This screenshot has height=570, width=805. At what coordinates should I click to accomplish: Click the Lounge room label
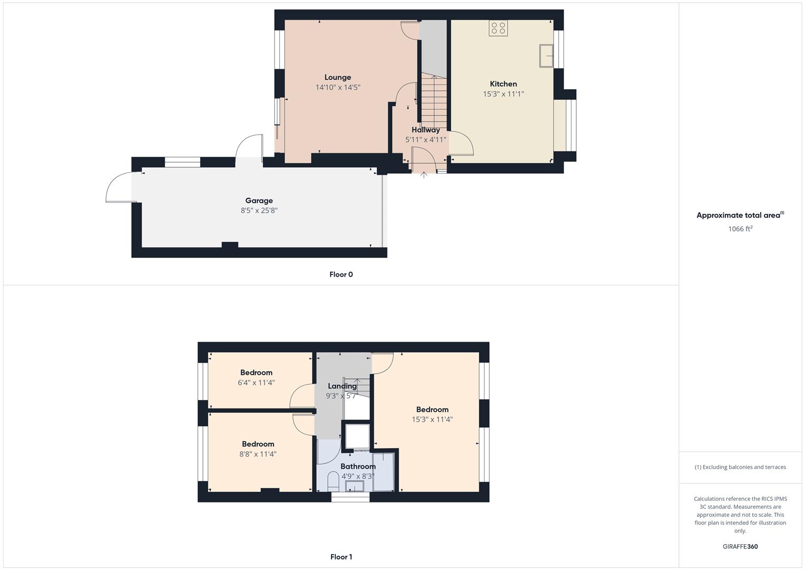pos(337,78)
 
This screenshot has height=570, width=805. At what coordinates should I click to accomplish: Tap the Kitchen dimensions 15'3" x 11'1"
pos(503,94)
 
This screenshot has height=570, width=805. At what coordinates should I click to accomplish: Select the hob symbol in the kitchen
pos(498,28)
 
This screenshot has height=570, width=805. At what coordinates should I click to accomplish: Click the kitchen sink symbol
pos(546,56)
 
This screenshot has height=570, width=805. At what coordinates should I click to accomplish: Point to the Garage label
pos(259,201)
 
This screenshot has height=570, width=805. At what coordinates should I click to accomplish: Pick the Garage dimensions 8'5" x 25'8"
pos(259,211)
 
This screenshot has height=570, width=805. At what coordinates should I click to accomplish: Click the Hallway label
pos(425,130)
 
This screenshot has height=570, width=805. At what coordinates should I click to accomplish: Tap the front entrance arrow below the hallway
pos(424,175)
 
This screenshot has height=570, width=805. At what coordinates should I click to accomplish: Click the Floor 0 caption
pos(341,274)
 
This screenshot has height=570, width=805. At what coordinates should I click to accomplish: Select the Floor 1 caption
pos(341,557)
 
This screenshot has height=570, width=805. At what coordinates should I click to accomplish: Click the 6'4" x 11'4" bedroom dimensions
pos(256,383)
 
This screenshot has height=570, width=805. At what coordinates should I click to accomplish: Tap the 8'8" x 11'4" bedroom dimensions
pos(258,454)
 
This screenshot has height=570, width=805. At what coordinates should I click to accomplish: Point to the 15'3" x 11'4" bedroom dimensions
pos(432,420)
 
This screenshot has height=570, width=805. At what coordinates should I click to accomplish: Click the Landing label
pos(342,386)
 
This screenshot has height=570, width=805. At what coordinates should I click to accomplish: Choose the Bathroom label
pos(358,467)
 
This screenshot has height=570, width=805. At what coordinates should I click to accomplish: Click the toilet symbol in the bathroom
pos(333,481)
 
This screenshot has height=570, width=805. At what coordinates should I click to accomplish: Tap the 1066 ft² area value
pos(740,229)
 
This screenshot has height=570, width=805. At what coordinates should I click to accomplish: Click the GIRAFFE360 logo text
pos(740,547)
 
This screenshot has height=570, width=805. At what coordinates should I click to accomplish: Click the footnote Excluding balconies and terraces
pos(740,467)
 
